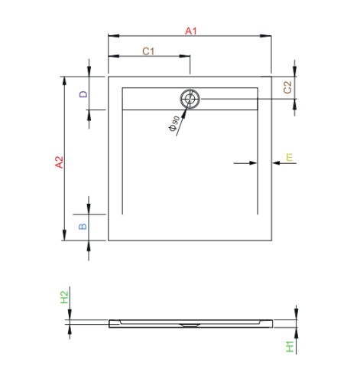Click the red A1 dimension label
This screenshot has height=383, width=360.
coord(190,31)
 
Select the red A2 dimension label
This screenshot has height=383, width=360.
coord(57,163)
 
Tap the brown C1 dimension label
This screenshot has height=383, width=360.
coord(149,51)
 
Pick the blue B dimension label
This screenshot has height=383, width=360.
coord(84,225)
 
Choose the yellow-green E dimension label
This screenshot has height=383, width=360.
coord(288,158)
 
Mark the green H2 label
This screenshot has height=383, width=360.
coord(65,298)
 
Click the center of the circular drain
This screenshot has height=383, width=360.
coord(190,98)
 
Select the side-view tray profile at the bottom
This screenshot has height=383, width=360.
coord(190,322)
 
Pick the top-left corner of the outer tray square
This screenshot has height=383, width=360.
coord(109,76)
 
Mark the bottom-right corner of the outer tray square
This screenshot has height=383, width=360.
coord(272,241)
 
